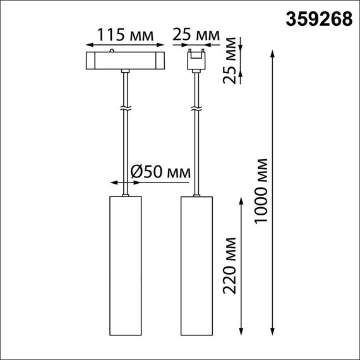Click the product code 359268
[x=320, y=20]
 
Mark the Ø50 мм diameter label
[x=160, y=171]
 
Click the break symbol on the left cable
[x=126, y=109]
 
